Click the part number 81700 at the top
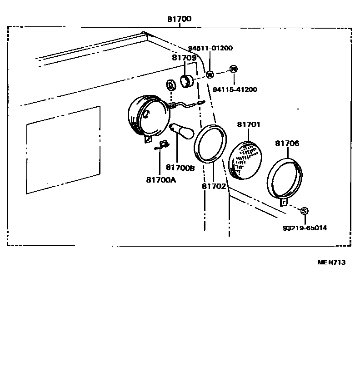tap(179, 19)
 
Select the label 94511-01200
tap(210, 48)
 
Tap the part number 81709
tap(184, 58)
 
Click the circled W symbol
tap(210, 75)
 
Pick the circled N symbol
tap(233, 69)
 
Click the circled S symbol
tap(304, 211)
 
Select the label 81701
tap(248, 124)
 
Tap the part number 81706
tap(287, 143)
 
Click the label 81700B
tap(180, 168)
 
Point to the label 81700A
tap(161, 180)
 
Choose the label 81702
tap(214, 186)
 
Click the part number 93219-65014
tap(305, 228)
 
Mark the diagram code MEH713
tap(331, 262)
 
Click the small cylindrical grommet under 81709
tap(186, 82)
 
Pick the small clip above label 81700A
tap(162, 145)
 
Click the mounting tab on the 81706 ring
tap(284, 202)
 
